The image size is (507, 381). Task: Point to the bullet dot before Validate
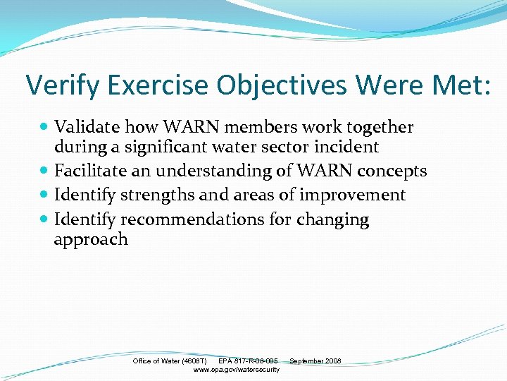[x=45, y=128]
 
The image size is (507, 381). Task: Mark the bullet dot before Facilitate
[x=45, y=171]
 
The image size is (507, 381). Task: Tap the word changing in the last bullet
[x=332, y=219]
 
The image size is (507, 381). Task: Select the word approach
[x=91, y=240]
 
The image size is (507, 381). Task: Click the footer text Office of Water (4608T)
[x=170, y=361]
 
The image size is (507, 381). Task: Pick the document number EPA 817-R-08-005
[x=248, y=361]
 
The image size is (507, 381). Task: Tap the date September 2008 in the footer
[x=315, y=361]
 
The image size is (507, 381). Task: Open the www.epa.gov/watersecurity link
[x=236, y=370]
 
